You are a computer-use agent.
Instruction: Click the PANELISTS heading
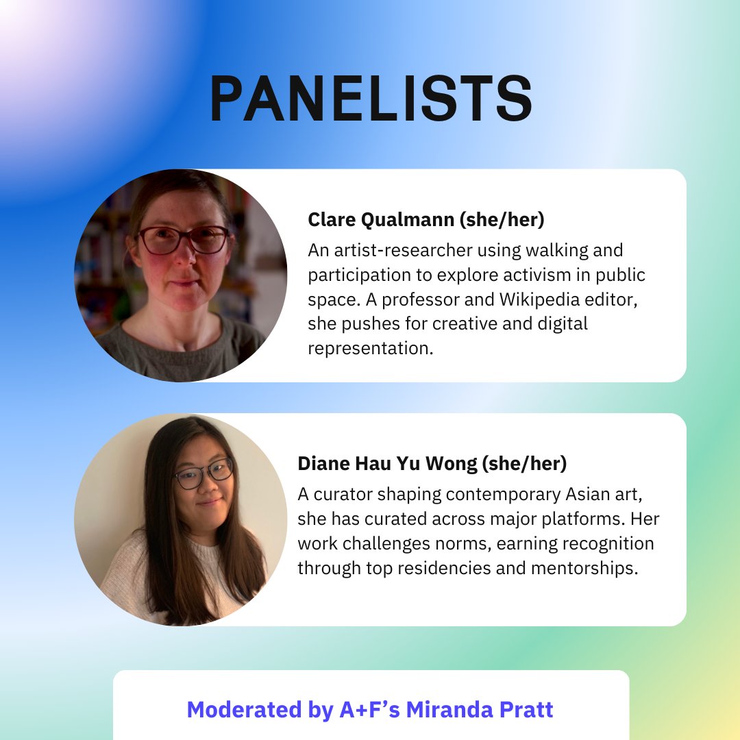point(371,100)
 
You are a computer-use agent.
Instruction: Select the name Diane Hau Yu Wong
point(387,463)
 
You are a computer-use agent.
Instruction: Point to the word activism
point(534,275)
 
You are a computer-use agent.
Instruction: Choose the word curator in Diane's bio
point(347,494)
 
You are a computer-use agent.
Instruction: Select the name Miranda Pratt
point(480,710)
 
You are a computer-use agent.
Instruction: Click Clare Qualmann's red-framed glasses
point(183,240)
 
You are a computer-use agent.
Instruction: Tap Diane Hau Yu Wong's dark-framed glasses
point(203,473)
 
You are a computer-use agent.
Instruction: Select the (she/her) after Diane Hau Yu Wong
point(524,463)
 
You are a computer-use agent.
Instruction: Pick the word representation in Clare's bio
point(371,348)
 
